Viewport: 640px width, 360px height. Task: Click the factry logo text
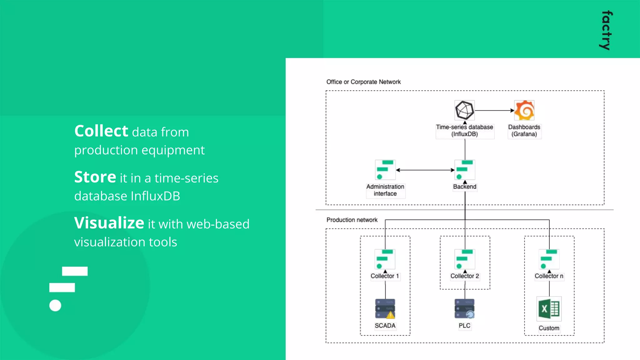pos(607,30)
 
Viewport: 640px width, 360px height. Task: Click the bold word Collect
pos(101,131)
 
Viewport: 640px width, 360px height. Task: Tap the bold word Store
pos(95,177)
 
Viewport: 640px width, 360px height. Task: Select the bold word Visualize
pos(109,223)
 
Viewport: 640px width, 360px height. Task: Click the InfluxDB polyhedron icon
pos(464,110)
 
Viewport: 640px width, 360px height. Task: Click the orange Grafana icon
pos(524,110)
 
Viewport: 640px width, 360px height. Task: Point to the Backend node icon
pos(465,170)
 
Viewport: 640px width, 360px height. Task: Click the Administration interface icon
pos(385,170)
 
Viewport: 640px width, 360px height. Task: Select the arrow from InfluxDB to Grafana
pos(494,110)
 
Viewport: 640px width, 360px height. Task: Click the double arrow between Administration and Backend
pos(425,170)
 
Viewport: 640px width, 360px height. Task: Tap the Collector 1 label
pos(385,276)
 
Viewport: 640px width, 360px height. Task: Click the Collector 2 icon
pos(465,259)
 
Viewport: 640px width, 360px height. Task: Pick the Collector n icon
pos(549,259)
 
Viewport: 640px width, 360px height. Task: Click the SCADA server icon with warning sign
pos(385,309)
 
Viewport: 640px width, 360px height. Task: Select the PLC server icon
pos(464,309)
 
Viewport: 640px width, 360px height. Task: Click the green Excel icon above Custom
pos(549,309)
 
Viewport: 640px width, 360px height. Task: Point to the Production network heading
pos(352,220)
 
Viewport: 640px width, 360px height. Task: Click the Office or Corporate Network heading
pos(363,82)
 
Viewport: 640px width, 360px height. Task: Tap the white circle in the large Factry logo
pos(55,305)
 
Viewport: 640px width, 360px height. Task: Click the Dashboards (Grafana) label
pos(524,131)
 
